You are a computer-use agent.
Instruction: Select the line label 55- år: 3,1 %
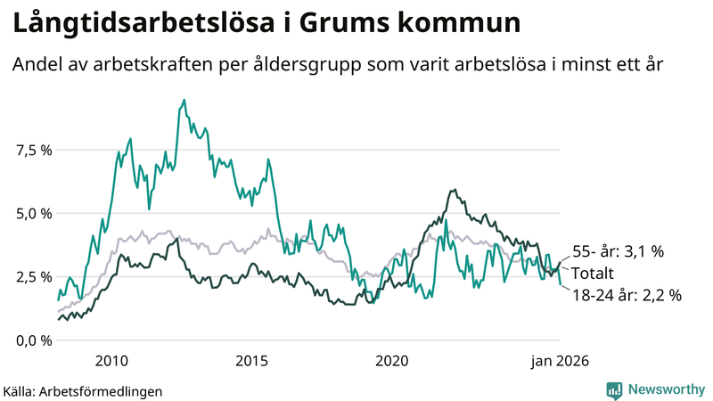click(x=618, y=252)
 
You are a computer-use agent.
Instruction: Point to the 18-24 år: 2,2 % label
click(x=627, y=294)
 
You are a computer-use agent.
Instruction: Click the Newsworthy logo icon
click(x=614, y=389)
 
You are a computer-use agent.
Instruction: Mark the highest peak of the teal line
click(x=184, y=100)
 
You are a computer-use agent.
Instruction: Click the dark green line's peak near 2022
click(x=455, y=190)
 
